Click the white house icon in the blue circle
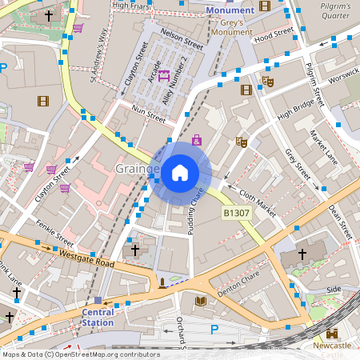pos(180,171)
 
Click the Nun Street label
pos(148,113)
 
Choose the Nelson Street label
pos(182,38)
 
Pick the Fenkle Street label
pos(55,234)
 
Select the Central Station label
pos(98,318)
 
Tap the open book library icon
pos(200,301)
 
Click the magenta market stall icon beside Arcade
pos(164,76)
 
